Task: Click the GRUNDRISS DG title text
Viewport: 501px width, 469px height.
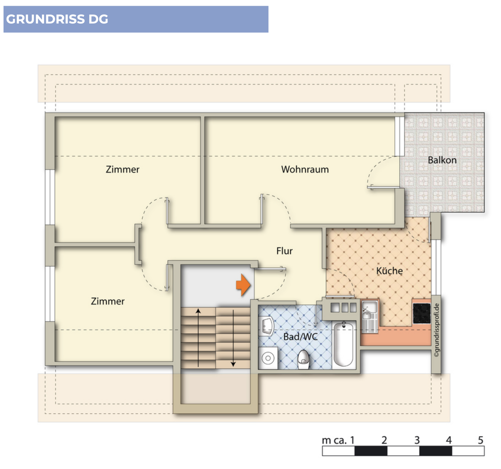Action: coord(57,19)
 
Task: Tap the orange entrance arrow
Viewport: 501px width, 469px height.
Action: coord(243,285)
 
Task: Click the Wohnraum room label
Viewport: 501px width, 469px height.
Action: coord(305,169)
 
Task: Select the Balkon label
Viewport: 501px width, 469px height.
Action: coord(442,160)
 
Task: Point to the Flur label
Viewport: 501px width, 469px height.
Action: coord(284,251)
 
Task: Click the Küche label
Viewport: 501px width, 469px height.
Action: coord(389,271)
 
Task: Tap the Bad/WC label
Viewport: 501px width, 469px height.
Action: coord(300,337)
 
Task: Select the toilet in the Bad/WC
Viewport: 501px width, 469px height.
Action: coord(303,359)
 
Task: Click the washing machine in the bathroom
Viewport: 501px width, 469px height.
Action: coord(268,358)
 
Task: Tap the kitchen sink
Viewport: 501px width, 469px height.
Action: coord(369,311)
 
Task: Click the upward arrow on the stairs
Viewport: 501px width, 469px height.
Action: coord(198,338)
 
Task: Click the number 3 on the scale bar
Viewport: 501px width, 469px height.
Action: coord(417,440)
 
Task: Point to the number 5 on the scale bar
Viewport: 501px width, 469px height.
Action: coord(480,440)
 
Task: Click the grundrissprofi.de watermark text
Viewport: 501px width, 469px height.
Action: coord(436,330)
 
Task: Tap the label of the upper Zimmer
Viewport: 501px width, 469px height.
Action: coord(122,169)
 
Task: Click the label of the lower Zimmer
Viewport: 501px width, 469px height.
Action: coord(108,301)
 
